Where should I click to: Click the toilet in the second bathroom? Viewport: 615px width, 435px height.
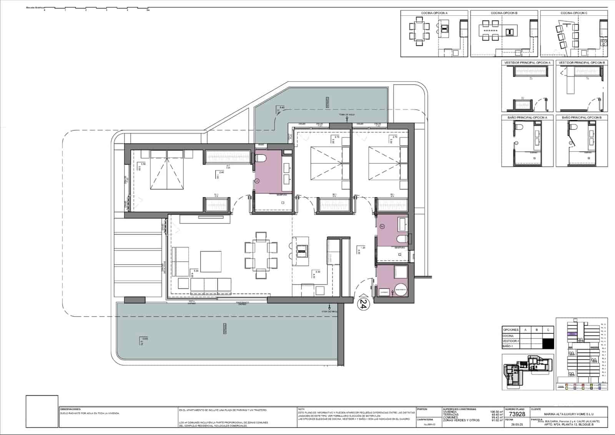point(402,239)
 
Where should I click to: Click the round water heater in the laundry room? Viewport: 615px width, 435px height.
point(401,289)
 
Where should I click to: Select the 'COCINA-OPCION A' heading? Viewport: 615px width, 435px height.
point(434,13)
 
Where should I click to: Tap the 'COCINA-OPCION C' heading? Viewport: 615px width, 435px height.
point(574,13)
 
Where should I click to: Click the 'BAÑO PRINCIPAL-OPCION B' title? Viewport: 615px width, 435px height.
point(582,117)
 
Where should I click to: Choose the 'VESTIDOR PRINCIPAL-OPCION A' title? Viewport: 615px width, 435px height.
point(527,62)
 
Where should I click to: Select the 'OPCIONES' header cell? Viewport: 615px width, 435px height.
point(510,330)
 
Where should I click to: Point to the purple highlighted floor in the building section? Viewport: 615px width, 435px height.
point(572,334)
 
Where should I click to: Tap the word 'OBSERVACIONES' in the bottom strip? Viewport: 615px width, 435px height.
point(70,409)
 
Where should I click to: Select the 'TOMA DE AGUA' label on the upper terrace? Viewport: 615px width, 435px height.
point(346,115)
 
